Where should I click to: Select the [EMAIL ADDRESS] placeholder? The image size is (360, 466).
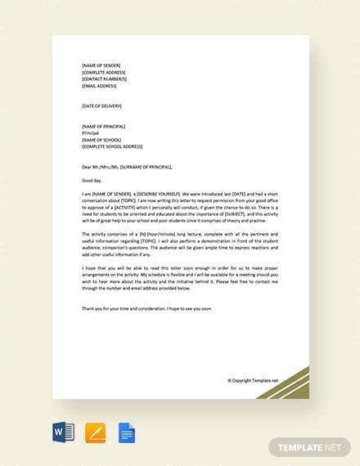[x=99, y=84]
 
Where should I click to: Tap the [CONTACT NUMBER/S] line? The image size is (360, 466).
[x=105, y=78]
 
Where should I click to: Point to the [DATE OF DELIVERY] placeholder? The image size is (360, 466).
[x=102, y=106]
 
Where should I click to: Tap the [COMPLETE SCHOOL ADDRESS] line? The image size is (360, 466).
[x=113, y=146]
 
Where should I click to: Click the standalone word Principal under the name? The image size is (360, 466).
[x=90, y=132]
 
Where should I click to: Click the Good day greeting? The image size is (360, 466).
[x=91, y=180]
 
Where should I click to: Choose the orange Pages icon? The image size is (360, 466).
[x=95, y=430]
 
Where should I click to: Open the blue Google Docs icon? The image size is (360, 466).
[x=125, y=430]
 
